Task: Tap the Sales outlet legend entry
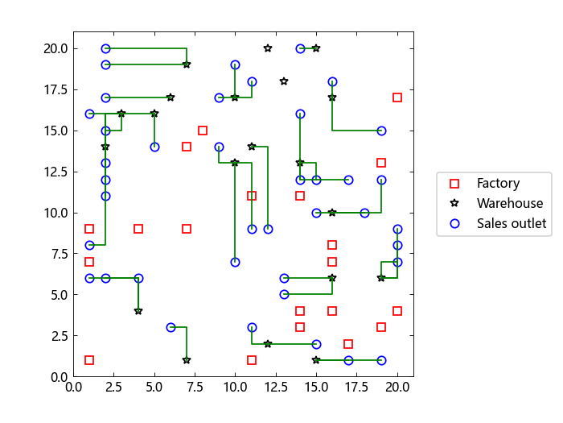pyautogui.click(x=511, y=224)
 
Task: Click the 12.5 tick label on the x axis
pyautogui.click(x=276, y=387)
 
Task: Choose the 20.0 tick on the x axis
pyautogui.click(x=397, y=377)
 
